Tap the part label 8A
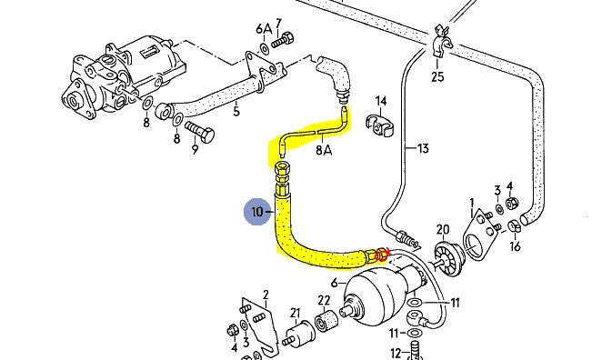(324, 150)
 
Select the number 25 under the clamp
(437, 76)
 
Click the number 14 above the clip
(381, 101)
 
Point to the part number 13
(423, 148)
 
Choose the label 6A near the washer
(264, 29)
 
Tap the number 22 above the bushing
(324, 300)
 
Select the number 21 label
(295, 314)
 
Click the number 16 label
(515, 246)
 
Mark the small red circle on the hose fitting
(382, 255)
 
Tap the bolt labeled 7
(283, 39)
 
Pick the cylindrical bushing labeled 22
(326, 320)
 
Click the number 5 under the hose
(236, 111)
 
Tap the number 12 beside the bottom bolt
(396, 354)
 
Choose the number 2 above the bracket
(266, 294)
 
